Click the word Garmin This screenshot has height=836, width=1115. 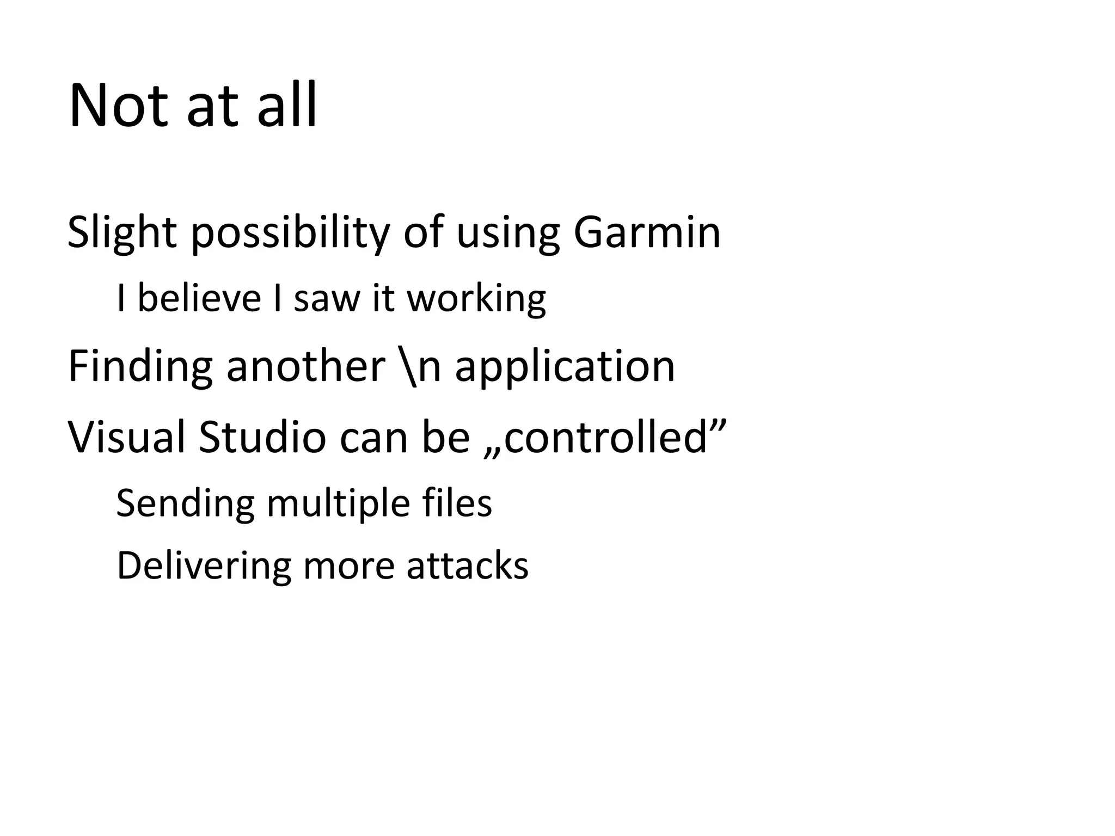tap(647, 233)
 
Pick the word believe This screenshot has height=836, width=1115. tap(199, 299)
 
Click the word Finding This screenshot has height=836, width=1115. tap(140, 366)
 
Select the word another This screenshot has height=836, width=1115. tap(305, 366)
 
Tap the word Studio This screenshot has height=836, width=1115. tap(262, 437)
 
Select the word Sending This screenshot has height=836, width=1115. tap(185, 503)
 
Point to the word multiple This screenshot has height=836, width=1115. tap(338, 503)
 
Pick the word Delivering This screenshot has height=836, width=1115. tap(204, 566)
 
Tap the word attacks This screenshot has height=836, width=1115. tap(467, 566)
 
